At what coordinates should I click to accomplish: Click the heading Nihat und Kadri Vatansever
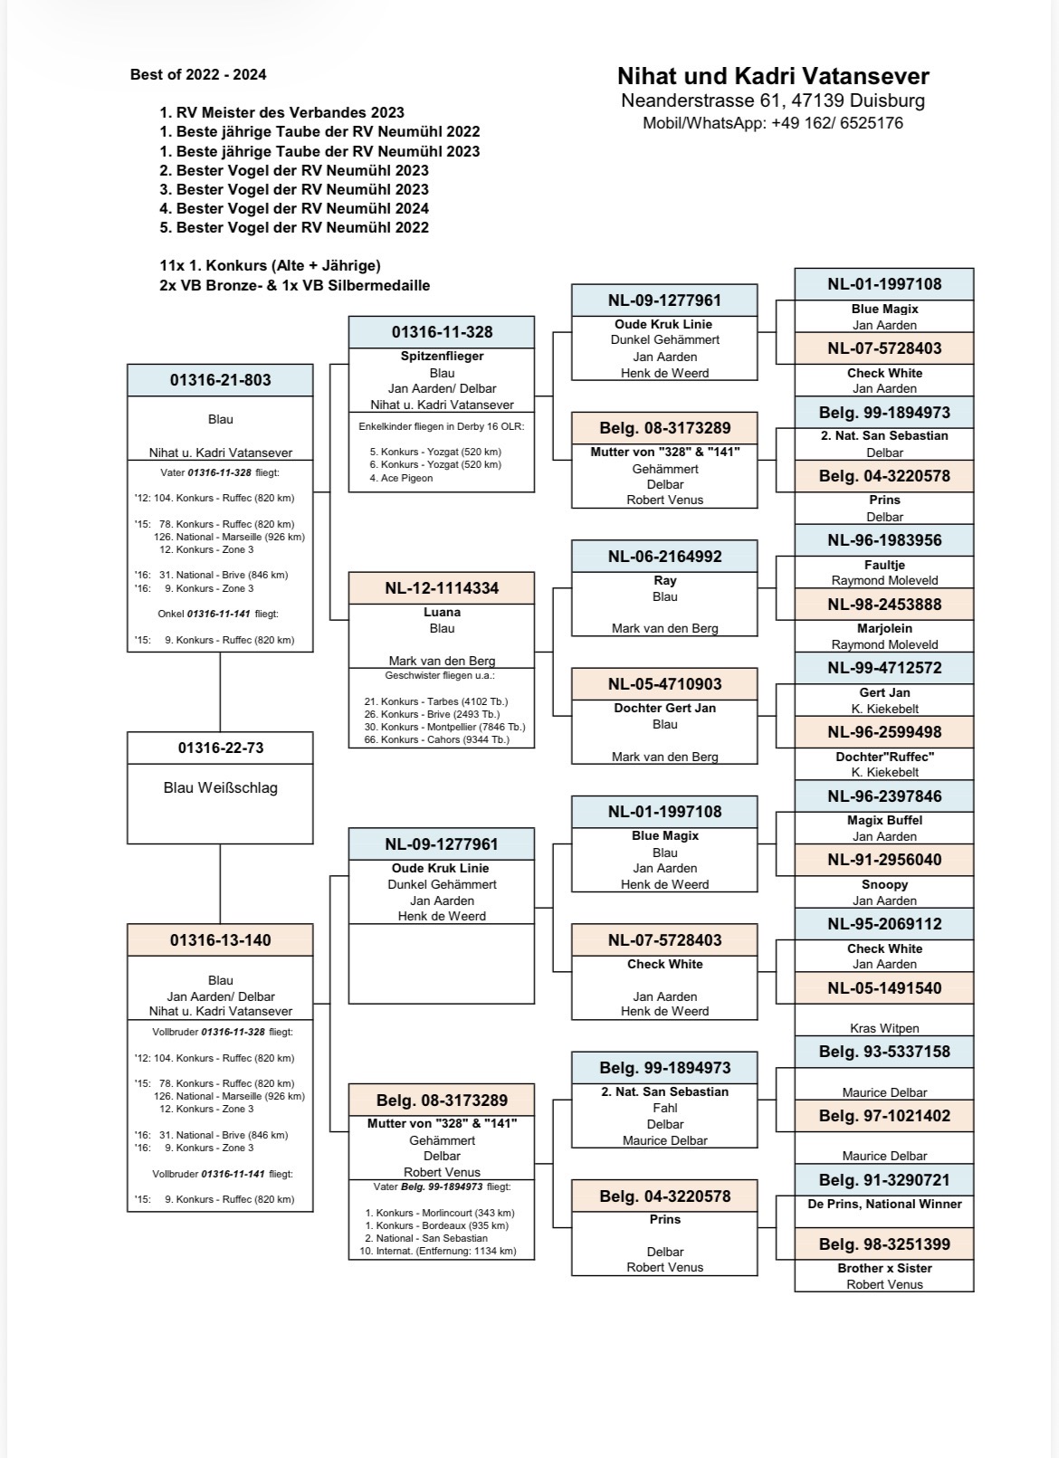(x=773, y=76)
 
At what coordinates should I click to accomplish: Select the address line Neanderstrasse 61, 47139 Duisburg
(x=773, y=100)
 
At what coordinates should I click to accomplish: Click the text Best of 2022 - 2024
(x=198, y=74)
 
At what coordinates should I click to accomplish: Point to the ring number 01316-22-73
(x=221, y=748)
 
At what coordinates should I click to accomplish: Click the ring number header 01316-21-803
(x=221, y=380)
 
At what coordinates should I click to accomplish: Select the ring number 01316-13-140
(x=221, y=939)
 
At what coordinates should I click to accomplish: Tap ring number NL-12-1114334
(x=442, y=588)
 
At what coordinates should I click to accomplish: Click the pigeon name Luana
(x=442, y=612)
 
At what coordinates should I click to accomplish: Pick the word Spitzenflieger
(x=442, y=356)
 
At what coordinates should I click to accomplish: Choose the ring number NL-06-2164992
(x=664, y=557)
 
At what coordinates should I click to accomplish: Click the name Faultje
(x=884, y=564)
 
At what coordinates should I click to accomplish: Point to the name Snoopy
(x=884, y=884)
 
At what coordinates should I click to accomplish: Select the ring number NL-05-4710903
(x=664, y=684)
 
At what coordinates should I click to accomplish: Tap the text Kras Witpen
(x=884, y=1028)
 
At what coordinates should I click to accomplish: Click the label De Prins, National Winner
(x=884, y=1204)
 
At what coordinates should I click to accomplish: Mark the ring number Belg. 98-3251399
(x=884, y=1244)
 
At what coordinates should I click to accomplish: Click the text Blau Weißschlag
(x=221, y=787)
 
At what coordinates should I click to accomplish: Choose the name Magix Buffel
(x=884, y=820)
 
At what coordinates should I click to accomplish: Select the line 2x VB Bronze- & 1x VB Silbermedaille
(x=294, y=285)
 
